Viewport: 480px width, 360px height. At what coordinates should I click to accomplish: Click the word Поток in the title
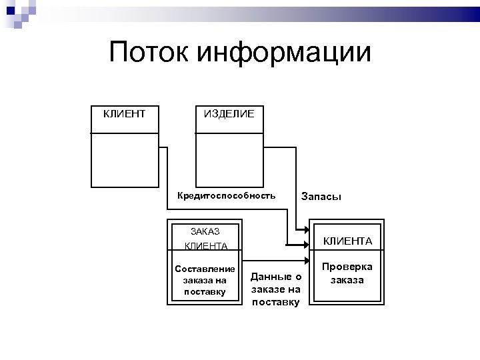point(149,53)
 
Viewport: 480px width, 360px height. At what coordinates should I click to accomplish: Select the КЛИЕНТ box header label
point(125,114)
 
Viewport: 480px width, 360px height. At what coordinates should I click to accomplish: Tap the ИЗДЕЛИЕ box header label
point(229,114)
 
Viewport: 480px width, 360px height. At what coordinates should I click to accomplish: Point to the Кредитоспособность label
point(226,196)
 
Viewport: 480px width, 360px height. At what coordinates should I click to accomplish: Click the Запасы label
point(321,197)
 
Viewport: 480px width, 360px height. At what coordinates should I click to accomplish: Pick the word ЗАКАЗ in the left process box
point(205,231)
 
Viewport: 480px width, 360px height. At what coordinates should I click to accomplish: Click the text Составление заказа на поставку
point(205,280)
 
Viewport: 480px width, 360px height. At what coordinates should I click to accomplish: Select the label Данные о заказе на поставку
point(276,289)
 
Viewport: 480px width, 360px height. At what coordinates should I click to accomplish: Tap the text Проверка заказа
point(347,273)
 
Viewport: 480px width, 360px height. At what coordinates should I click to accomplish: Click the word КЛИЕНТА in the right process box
point(347,241)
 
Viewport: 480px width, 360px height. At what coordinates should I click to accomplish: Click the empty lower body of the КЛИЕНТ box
point(125,160)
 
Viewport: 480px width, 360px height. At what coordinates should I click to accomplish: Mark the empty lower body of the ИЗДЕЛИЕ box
point(229,160)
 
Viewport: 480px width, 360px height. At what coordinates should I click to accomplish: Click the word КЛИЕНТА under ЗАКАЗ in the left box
point(205,246)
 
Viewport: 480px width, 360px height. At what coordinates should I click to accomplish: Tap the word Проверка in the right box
point(347,267)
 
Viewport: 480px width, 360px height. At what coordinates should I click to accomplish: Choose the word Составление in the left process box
point(205,269)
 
